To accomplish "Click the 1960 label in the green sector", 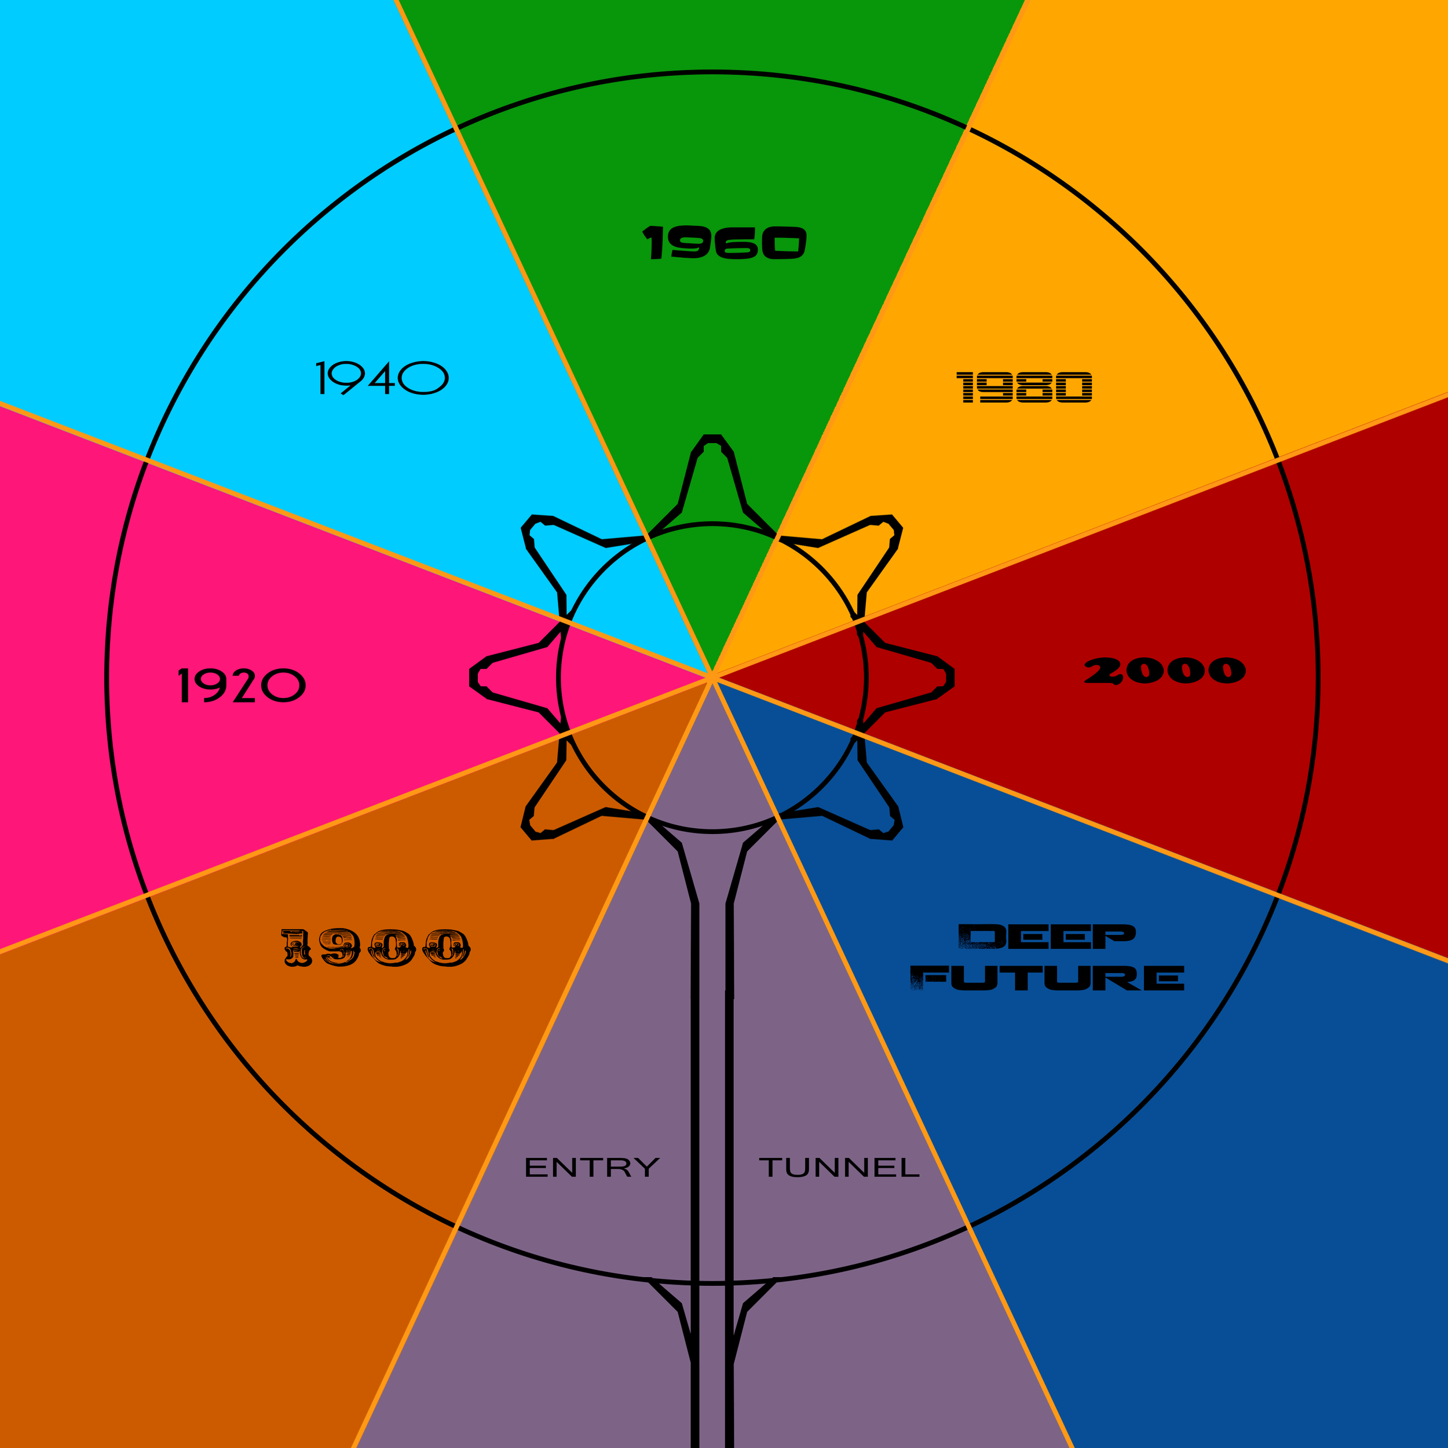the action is (x=724, y=242).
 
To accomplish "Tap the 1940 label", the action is (x=382, y=378).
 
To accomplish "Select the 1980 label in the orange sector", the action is (x=1024, y=387).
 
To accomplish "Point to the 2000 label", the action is (x=1165, y=670).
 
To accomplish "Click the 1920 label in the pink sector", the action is (x=242, y=685).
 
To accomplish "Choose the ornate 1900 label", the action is (x=375, y=948).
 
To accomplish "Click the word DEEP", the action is (x=1047, y=936).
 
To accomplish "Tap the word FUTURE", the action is (x=1047, y=978).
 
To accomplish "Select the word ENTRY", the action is (x=591, y=1167).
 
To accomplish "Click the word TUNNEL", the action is (x=839, y=1167).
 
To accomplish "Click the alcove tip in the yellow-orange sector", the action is (x=893, y=522).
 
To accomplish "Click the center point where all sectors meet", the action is (x=712, y=677).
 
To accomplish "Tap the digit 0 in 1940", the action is (x=423, y=378).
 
